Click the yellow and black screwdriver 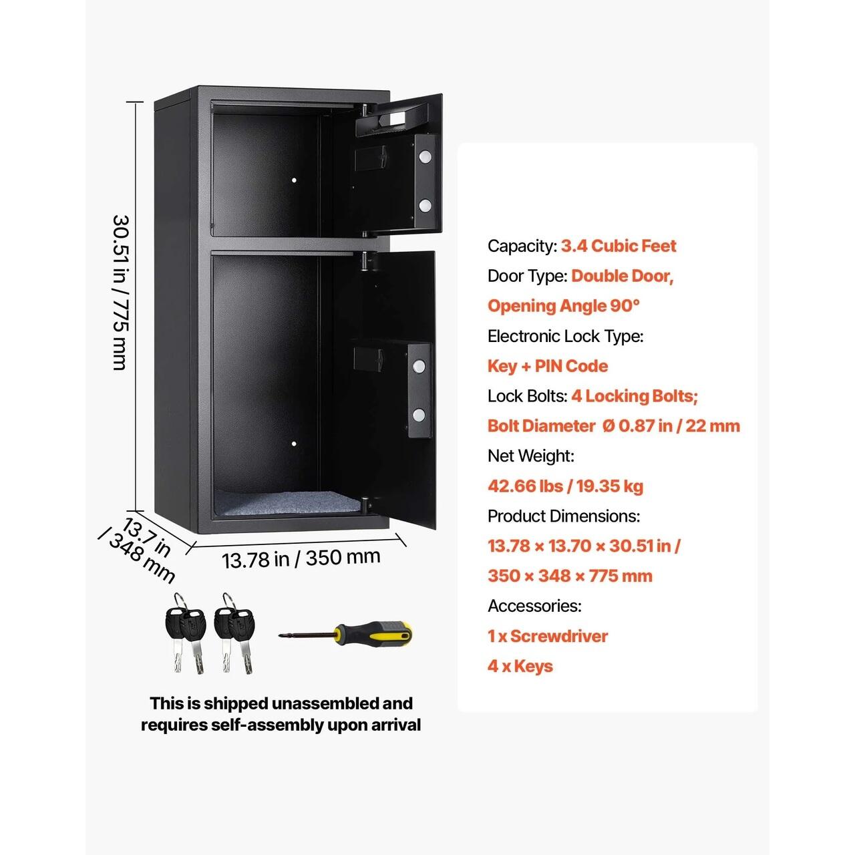point(345,634)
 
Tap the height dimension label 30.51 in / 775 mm point(120,293)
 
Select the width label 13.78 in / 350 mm point(301,558)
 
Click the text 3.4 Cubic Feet point(619,246)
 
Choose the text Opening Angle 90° point(564,306)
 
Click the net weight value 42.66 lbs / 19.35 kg point(565,486)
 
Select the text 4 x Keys point(520,666)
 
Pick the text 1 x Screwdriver point(548,636)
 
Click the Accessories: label point(534,606)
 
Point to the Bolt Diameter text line point(614,425)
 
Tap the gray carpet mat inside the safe point(289,503)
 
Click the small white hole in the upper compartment point(294,180)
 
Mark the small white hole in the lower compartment point(294,444)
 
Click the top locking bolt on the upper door point(425,156)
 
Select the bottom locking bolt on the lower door point(418,415)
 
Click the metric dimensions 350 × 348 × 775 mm point(570,576)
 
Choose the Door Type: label point(528,276)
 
